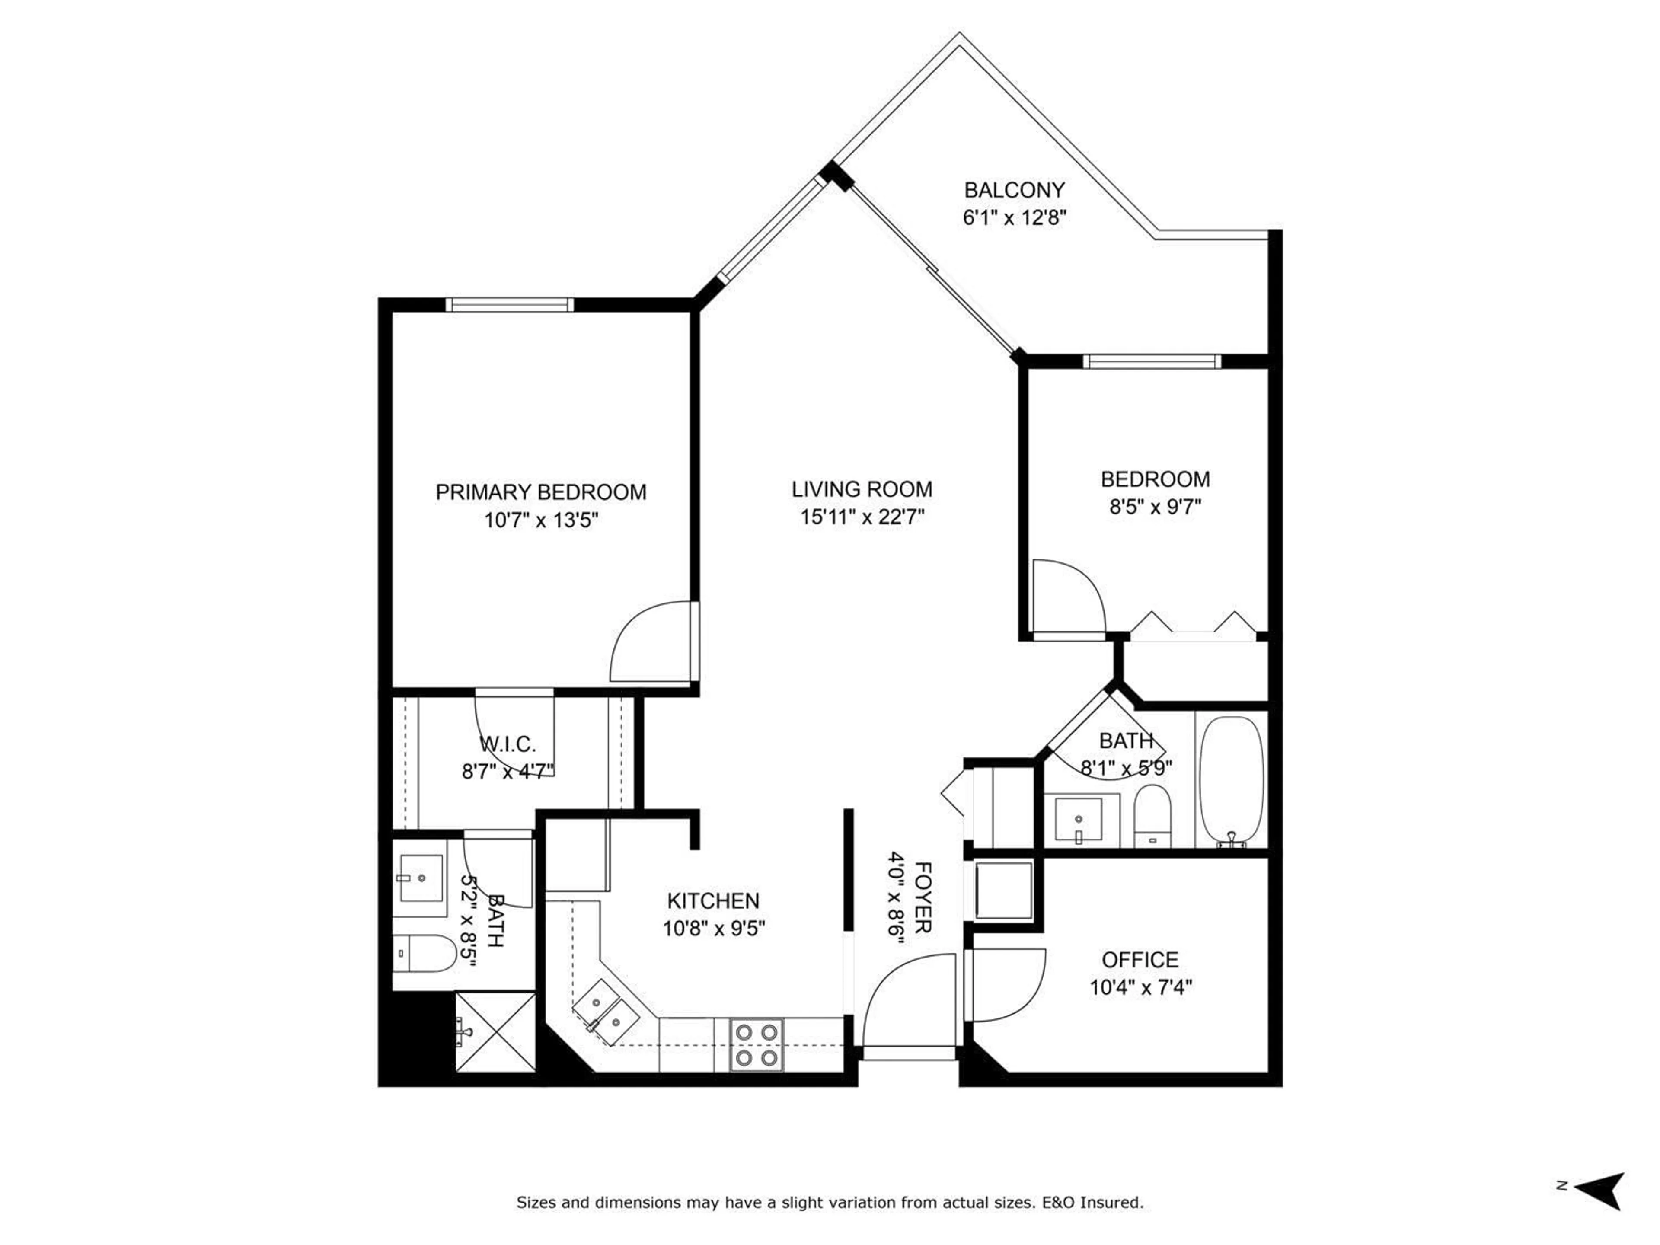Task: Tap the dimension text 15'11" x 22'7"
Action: [862, 517]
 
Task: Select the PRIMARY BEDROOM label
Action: [540, 492]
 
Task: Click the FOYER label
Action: [923, 897]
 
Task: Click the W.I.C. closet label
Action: [508, 744]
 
